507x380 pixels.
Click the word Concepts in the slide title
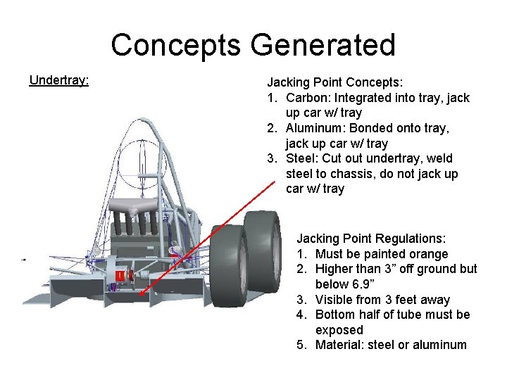click(176, 45)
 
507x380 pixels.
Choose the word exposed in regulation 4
click(339, 330)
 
